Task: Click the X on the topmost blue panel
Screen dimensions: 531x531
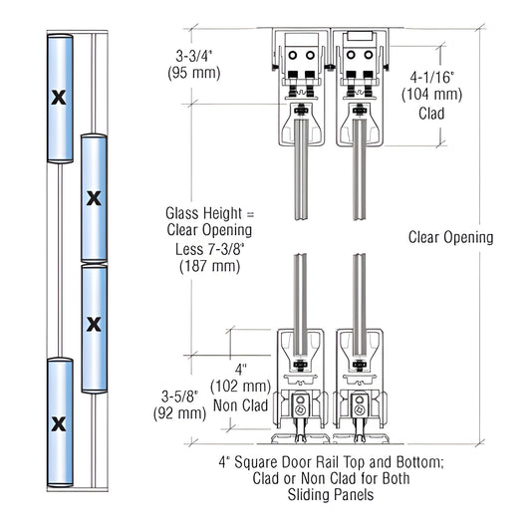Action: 58,98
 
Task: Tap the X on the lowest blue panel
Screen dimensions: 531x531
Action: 58,423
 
